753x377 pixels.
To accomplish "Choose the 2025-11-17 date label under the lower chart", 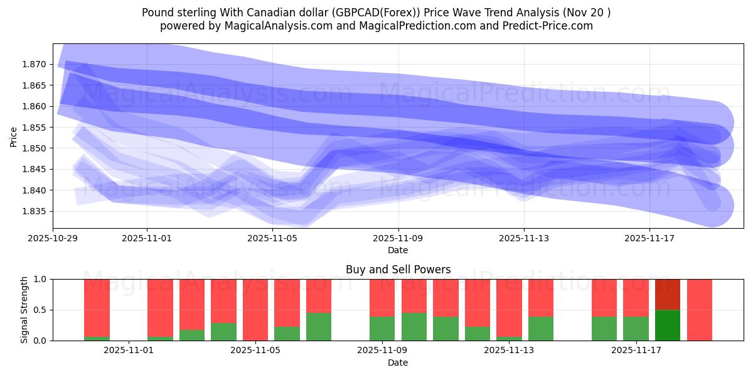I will click(x=636, y=351).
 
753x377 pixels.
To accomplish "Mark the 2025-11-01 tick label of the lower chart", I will click(x=129, y=351).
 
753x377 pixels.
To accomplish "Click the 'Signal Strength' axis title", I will click(x=24, y=310).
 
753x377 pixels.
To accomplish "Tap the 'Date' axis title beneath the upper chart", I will click(x=398, y=250).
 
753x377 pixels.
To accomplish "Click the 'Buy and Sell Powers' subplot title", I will click(x=398, y=270).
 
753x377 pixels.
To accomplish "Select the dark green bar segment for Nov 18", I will click(x=668, y=325).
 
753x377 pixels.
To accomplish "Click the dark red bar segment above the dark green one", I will click(x=668, y=294).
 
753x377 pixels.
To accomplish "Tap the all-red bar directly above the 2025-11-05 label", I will click(x=255, y=310).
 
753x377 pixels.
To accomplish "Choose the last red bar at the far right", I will click(x=700, y=310).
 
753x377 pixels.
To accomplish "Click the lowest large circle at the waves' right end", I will click(x=713, y=205).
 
